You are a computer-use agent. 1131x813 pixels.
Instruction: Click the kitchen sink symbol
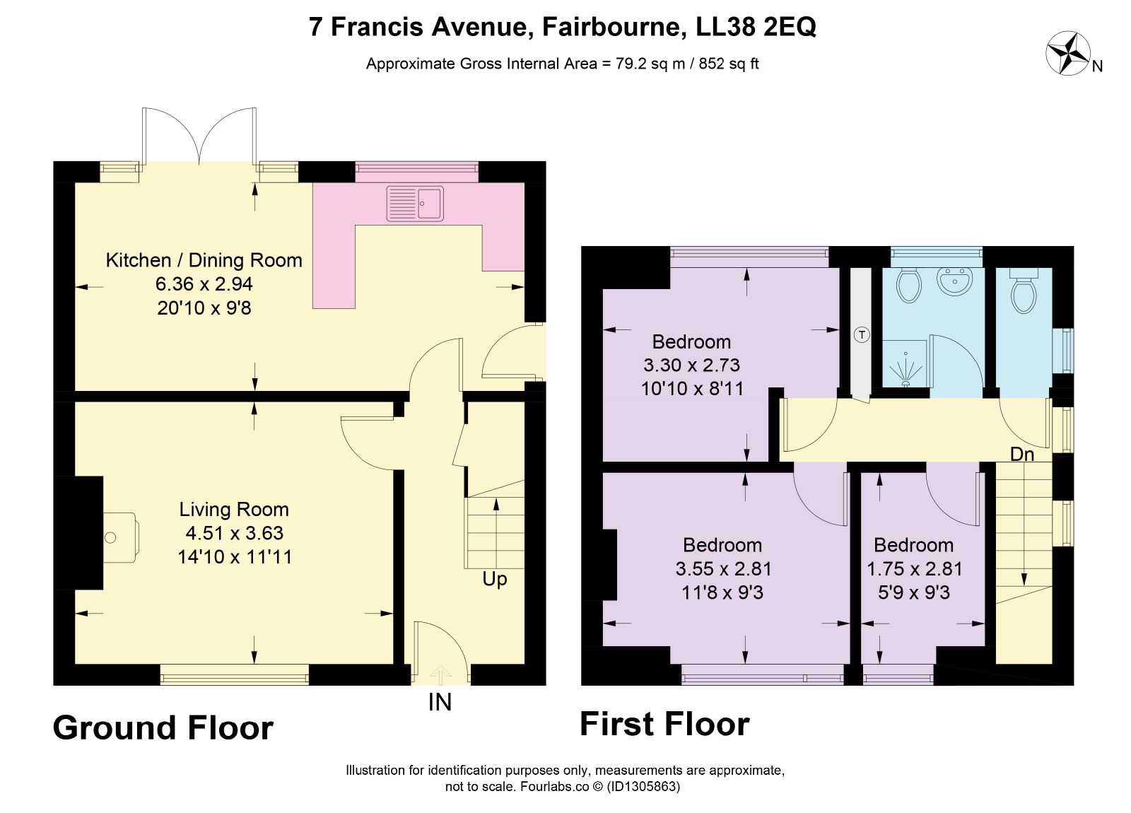[x=415, y=204]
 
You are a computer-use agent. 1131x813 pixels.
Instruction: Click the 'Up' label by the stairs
[x=494, y=579]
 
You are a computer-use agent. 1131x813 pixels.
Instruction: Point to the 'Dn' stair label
[x=1022, y=455]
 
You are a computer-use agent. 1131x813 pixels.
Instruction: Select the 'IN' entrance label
[x=440, y=703]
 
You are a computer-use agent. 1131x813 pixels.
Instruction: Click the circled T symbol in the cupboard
[x=862, y=334]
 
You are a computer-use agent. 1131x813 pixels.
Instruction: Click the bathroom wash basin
[x=954, y=281]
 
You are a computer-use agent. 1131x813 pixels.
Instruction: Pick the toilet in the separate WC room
[x=1024, y=291]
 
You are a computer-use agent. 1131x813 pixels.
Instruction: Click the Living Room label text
[x=234, y=510]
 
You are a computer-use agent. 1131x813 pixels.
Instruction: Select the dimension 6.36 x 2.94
[x=204, y=283]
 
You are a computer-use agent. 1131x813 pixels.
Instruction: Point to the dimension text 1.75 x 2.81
[x=915, y=568]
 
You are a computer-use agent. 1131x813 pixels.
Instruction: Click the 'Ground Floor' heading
[x=163, y=728]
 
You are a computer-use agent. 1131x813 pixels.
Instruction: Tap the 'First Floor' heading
[x=664, y=724]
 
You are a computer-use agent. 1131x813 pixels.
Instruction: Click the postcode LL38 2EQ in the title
[x=756, y=27]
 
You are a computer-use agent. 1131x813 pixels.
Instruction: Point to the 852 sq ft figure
[x=729, y=64]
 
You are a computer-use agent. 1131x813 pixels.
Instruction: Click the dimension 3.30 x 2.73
[x=692, y=365]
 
